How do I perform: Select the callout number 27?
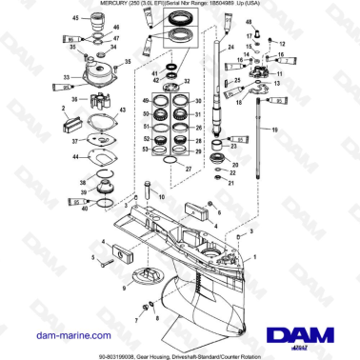pos(188,168)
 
